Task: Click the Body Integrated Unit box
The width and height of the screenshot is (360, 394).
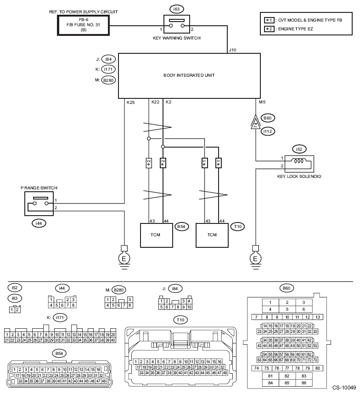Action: tap(189, 76)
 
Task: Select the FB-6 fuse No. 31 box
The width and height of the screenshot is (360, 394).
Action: tap(84, 25)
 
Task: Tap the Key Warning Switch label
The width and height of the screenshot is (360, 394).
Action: tap(177, 38)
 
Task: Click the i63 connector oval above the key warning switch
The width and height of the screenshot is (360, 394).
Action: tap(176, 9)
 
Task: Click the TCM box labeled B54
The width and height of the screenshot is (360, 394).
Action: tap(157, 235)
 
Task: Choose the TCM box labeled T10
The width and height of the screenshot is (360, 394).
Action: tap(212, 235)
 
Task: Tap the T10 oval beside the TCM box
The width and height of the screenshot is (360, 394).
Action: tap(237, 227)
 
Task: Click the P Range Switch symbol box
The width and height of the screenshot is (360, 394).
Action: tap(39, 204)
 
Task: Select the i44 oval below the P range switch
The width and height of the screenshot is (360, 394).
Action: tap(39, 223)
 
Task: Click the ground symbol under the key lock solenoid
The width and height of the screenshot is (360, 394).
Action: tap(256, 257)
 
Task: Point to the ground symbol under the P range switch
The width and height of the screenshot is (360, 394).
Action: tap(124, 257)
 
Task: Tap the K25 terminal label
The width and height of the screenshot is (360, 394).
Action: tap(130, 103)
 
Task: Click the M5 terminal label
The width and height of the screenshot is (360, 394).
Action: tap(262, 102)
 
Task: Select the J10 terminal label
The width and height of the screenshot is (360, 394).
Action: tap(232, 50)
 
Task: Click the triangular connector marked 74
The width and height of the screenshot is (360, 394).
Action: tap(256, 122)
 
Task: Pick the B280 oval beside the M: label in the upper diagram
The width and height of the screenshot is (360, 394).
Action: tap(108, 80)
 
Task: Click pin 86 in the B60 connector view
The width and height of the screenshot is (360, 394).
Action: tap(304, 383)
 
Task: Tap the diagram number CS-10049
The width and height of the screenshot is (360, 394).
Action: tap(344, 388)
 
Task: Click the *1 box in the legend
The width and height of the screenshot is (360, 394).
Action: tap(269, 20)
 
